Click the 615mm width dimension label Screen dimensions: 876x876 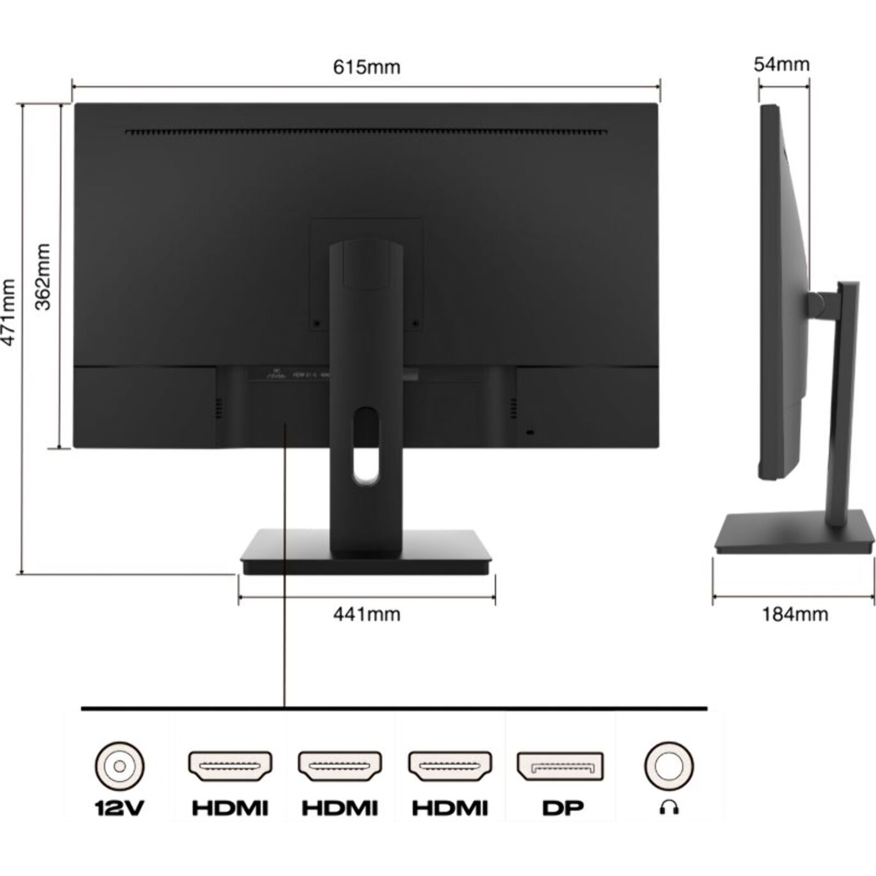point(366,66)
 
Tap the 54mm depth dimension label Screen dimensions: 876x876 point(781,64)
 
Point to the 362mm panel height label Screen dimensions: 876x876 point(42,276)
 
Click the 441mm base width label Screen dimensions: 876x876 point(367,614)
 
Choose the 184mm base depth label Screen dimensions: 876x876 point(794,614)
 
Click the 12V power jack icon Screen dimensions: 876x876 point(119,765)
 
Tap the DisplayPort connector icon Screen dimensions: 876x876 point(560,765)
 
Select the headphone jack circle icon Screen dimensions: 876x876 point(668,765)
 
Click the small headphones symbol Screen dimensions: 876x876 point(668,809)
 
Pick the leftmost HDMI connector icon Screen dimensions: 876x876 point(230,766)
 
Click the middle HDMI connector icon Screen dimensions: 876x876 point(340,766)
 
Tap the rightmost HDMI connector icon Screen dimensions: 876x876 point(450,766)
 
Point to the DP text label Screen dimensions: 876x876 point(562,808)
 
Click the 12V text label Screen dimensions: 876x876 point(119,808)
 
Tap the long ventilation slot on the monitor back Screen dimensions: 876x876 point(365,133)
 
